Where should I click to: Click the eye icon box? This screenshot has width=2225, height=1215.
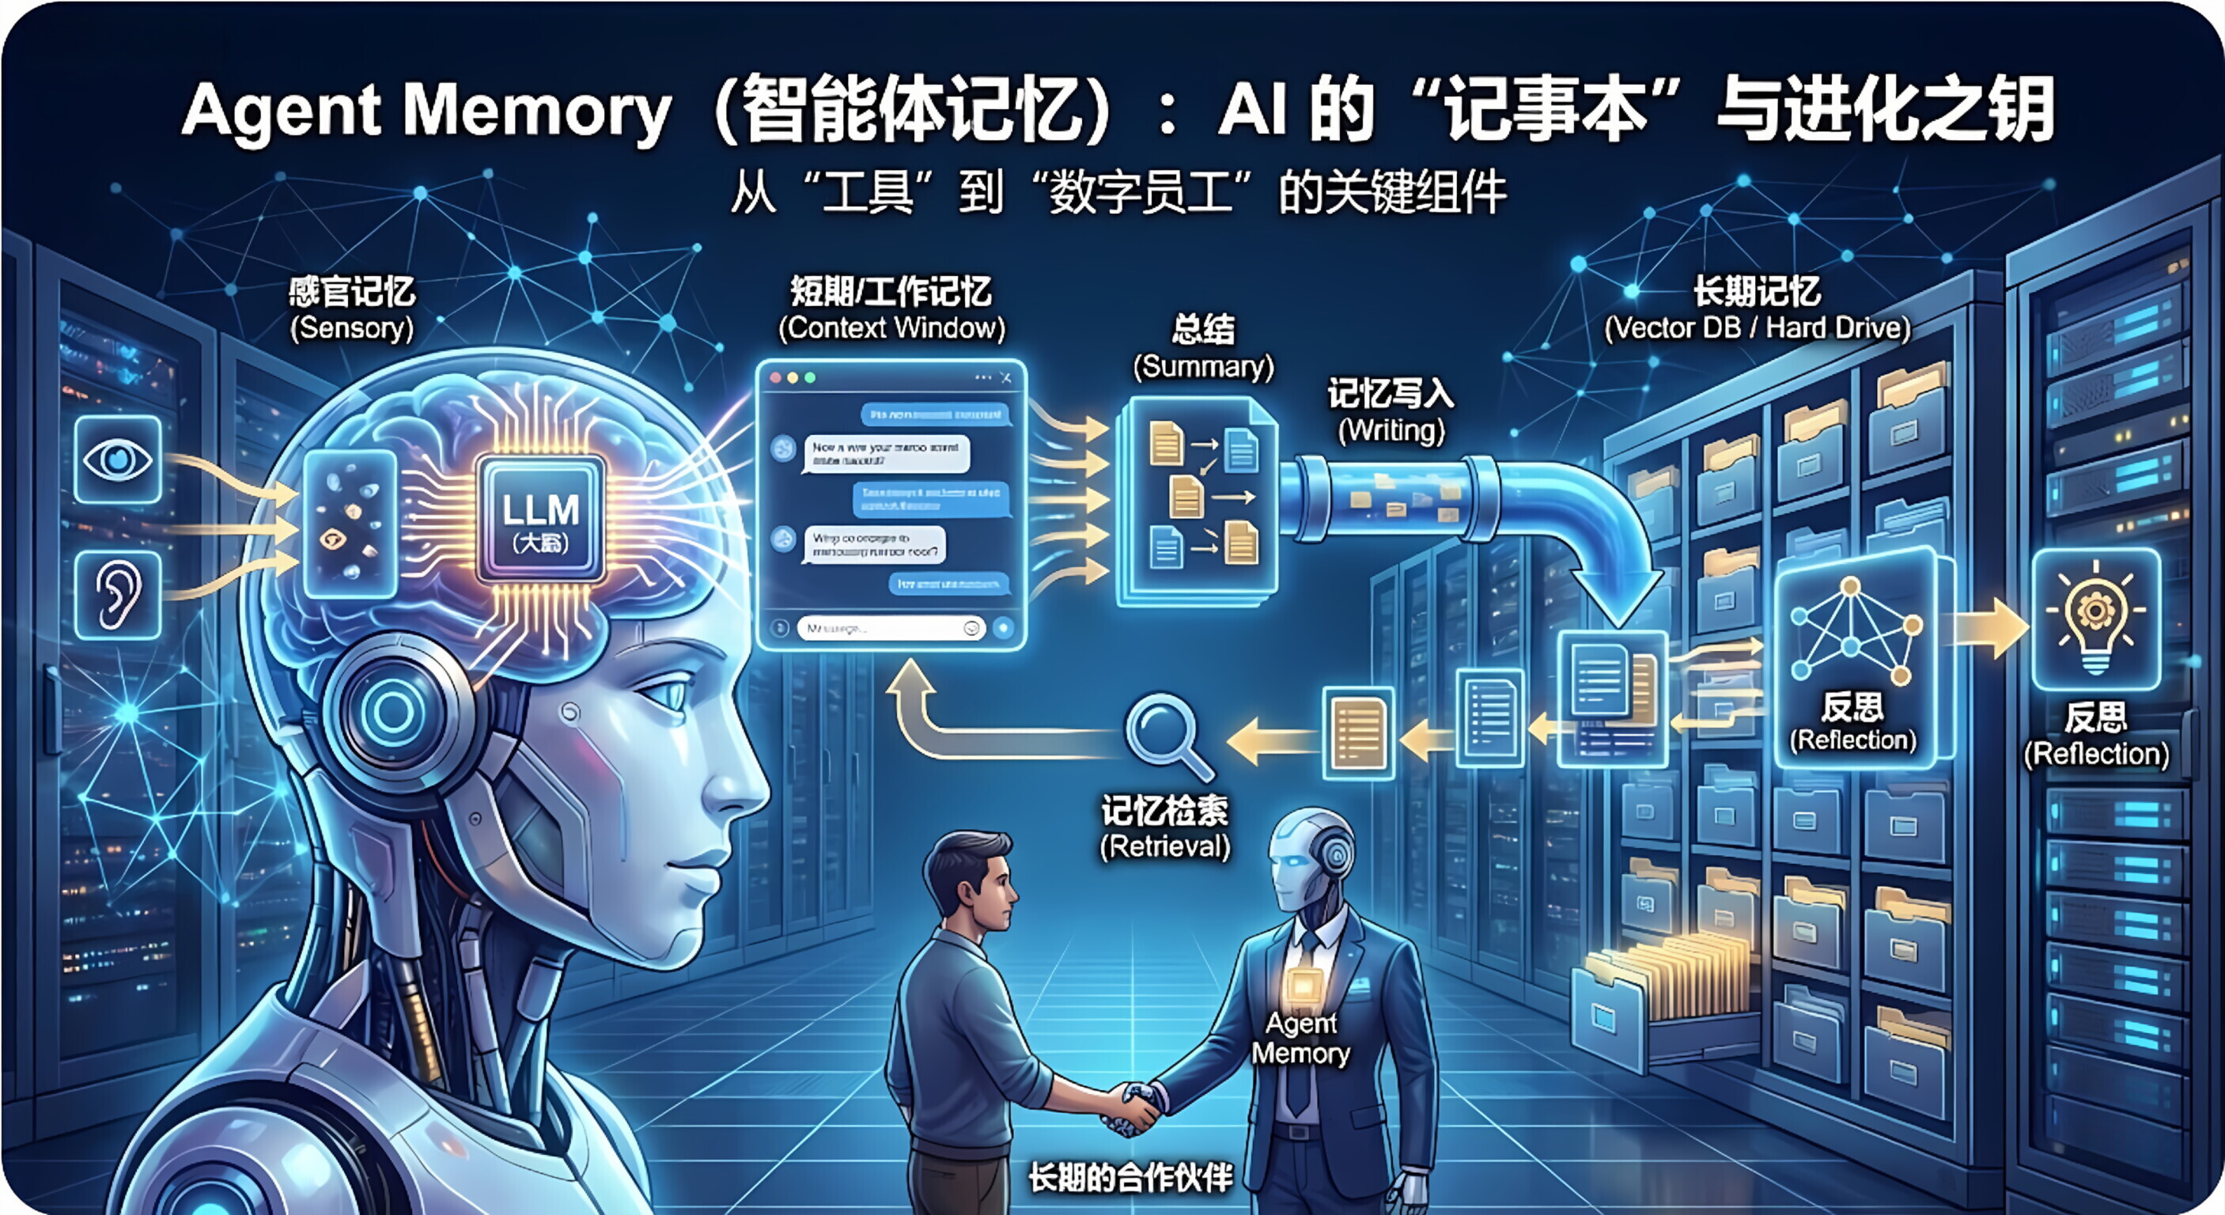point(119,460)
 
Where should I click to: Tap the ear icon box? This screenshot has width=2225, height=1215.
point(119,594)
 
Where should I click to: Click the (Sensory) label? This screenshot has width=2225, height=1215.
point(351,328)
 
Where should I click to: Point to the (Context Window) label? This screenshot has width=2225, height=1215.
point(891,328)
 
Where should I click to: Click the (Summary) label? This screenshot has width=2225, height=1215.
point(1203,367)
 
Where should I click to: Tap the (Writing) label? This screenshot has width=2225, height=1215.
point(1391,430)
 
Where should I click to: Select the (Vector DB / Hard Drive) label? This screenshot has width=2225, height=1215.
point(1757,328)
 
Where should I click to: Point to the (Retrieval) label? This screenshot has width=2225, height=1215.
point(1164,846)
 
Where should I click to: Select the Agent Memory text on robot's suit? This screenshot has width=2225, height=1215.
point(1301,1038)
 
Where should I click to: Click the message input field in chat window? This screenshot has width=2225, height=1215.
point(881,629)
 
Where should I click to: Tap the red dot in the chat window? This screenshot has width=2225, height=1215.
point(775,378)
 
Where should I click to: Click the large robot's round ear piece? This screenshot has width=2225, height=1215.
point(394,713)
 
